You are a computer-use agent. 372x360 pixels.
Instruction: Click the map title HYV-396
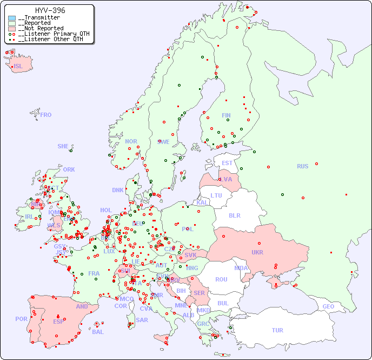click(x=50, y=10)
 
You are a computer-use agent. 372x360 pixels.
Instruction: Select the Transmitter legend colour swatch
click(x=12, y=18)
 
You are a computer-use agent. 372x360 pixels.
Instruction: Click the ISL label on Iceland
click(x=18, y=67)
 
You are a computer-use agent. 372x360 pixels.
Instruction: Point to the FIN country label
click(x=226, y=115)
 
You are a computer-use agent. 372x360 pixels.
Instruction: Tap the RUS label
click(x=302, y=166)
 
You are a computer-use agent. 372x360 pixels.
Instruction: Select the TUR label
click(x=277, y=330)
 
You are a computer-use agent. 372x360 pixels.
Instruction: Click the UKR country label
click(x=257, y=252)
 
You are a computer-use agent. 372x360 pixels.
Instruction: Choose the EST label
click(x=227, y=163)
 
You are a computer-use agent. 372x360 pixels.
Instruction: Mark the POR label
click(x=21, y=319)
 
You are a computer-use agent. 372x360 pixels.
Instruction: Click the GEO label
click(x=328, y=306)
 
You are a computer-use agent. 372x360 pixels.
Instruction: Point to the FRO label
click(x=46, y=115)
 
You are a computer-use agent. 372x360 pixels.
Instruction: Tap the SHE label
click(x=63, y=146)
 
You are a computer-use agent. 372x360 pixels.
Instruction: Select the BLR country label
click(x=235, y=215)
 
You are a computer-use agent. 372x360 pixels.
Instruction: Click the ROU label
click(x=221, y=279)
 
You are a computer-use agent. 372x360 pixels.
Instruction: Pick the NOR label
click(x=131, y=141)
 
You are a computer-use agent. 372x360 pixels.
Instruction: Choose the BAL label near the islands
click(x=98, y=332)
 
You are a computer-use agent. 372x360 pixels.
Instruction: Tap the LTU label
click(x=216, y=195)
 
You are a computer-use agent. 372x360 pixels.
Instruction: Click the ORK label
click(x=69, y=169)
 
